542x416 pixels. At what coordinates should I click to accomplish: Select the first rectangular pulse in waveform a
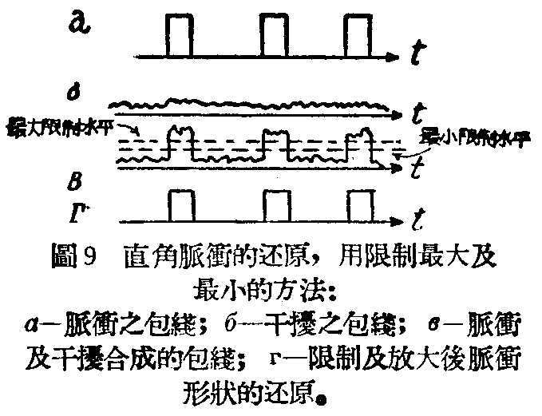click(179, 38)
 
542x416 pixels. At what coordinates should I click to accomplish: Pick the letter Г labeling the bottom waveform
click(73, 212)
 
